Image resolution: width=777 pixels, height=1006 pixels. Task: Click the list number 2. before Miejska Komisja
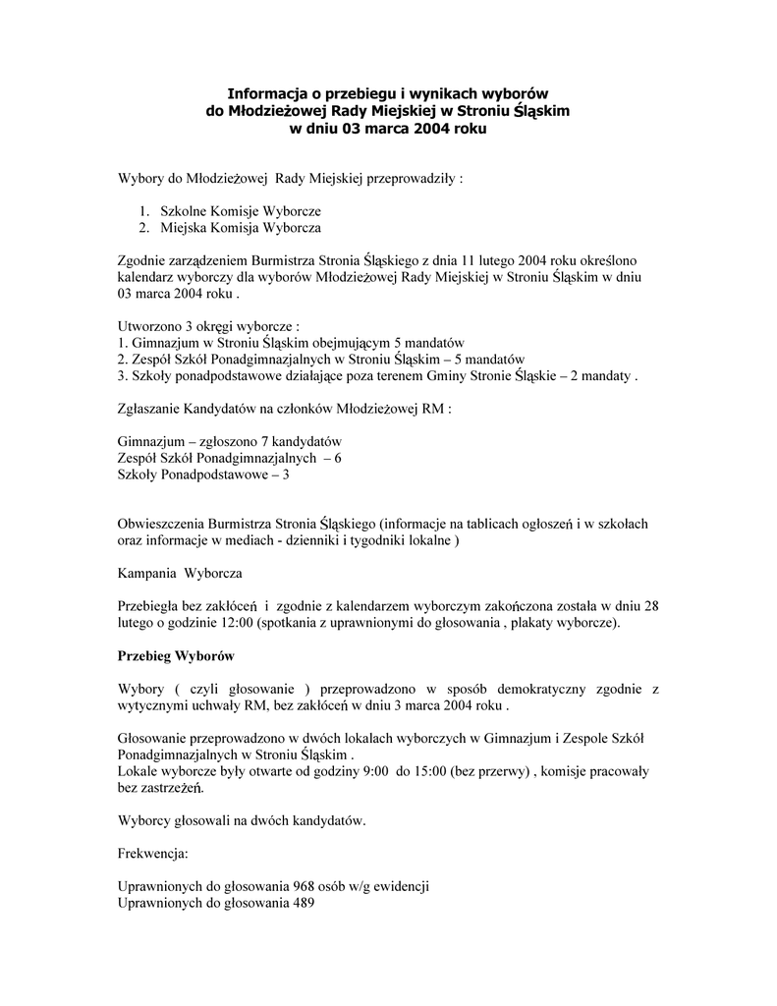coord(143,228)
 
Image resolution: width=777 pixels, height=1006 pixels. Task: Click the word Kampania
coord(143,573)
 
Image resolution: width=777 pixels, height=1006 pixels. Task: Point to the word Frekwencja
coord(152,854)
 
